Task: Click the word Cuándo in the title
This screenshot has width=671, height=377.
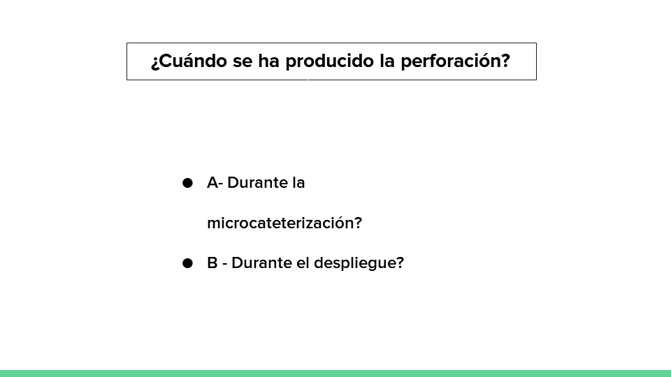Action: tap(194, 61)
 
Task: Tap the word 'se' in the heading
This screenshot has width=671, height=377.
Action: tap(243, 61)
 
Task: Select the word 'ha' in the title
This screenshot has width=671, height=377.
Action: tap(268, 61)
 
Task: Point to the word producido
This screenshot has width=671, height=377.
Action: tap(329, 61)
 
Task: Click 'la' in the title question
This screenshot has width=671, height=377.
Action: tap(387, 61)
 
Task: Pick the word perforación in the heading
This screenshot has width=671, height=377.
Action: tap(451, 61)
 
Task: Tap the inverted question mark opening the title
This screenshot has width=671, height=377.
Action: tap(155, 63)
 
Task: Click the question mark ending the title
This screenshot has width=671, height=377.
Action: tap(505, 61)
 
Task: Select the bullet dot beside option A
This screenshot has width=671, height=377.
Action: tap(187, 183)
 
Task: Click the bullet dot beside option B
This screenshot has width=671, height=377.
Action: tap(187, 263)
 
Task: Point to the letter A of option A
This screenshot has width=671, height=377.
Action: tap(212, 182)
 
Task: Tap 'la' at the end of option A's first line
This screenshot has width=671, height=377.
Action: tap(298, 182)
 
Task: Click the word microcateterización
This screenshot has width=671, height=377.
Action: tap(281, 223)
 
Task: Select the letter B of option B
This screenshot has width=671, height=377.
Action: tap(212, 263)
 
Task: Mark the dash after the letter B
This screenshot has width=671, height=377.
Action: tap(224, 264)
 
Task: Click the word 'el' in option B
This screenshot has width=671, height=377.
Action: tap(303, 263)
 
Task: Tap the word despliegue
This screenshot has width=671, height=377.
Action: tap(355, 263)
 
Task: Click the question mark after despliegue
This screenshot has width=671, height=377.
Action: tap(400, 263)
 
